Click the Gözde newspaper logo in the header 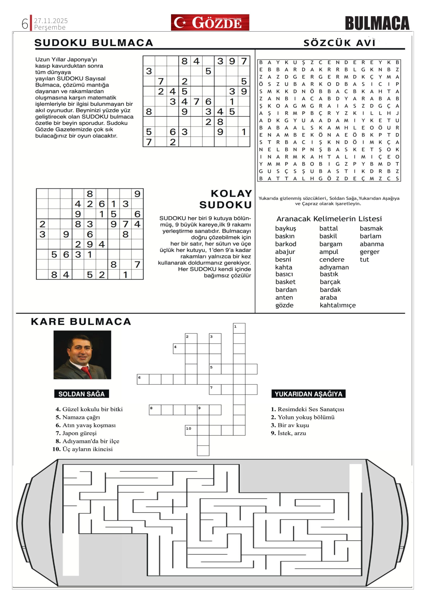210,23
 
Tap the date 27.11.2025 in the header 51,21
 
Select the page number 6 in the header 25,24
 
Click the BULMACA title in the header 377,23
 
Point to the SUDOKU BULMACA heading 94,43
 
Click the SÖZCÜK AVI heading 340,43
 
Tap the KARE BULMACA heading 81,322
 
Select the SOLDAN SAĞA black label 81,394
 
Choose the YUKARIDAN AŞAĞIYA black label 308,394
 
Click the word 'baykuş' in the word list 285,229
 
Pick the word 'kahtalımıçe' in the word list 338,305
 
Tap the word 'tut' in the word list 364,260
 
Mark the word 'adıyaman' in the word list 334,267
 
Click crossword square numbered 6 143,379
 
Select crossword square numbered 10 191,430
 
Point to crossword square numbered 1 239,328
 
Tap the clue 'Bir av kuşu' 293,425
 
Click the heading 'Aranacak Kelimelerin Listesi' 329,219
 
